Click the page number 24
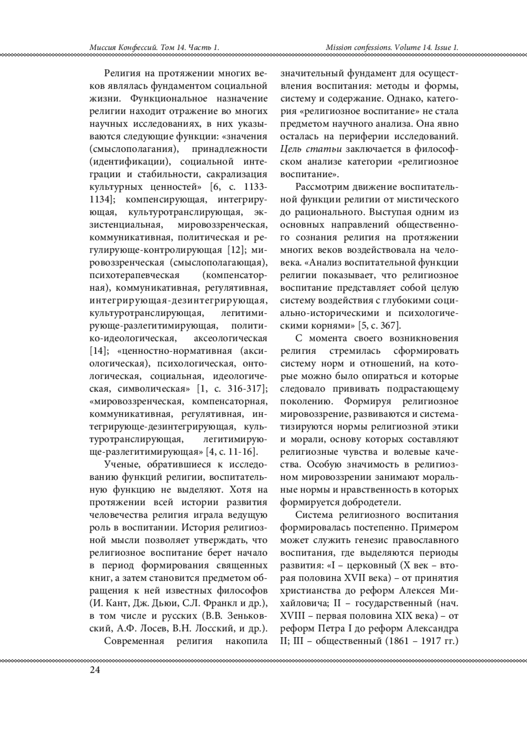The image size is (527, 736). coord(94,670)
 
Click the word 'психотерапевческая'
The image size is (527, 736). coord(134,275)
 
